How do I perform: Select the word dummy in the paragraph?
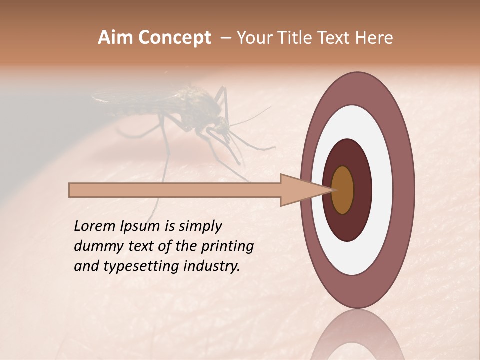point(95,246)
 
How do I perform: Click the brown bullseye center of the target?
point(343,190)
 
